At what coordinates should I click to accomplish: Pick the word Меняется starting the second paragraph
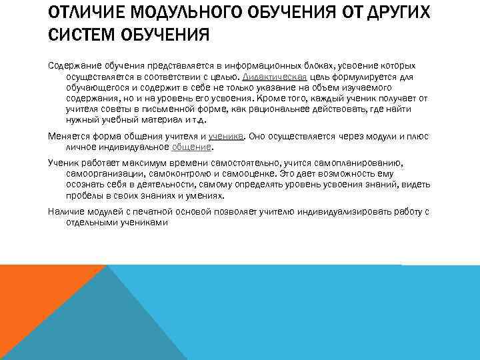click(67, 136)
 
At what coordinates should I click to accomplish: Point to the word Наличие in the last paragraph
click(64, 212)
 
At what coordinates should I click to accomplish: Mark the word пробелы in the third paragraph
click(83, 197)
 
